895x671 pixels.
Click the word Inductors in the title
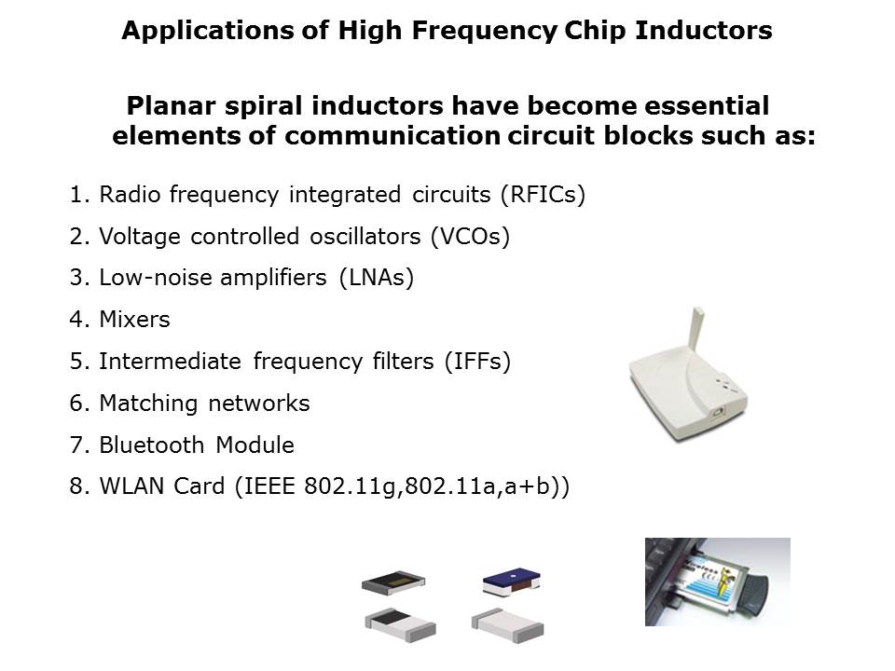pyautogui.click(x=703, y=30)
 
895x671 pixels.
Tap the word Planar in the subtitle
pyautogui.click(x=172, y=106)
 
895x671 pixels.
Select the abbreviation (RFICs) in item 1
pyautogui.click(x=543, y=195)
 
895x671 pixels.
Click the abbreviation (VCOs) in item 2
pyautogui.click(x=470, y=236)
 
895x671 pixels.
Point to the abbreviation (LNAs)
pyautogui.click(x=376, y=278)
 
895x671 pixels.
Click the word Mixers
pyautogui.click(x=134, y=320)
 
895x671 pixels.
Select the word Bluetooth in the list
pyautogui.click(x=152, y=445)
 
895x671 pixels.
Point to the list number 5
pyautogui.click(x=77, y=362)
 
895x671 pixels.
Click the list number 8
pyautogui.click(x=77, y=486)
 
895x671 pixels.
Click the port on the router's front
pyautogui.click(x=718, y=411)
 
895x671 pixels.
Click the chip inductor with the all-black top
pyautogui.click(x=393, y=582)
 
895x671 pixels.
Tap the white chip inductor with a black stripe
pyautogui.click(x=400, y=625)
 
